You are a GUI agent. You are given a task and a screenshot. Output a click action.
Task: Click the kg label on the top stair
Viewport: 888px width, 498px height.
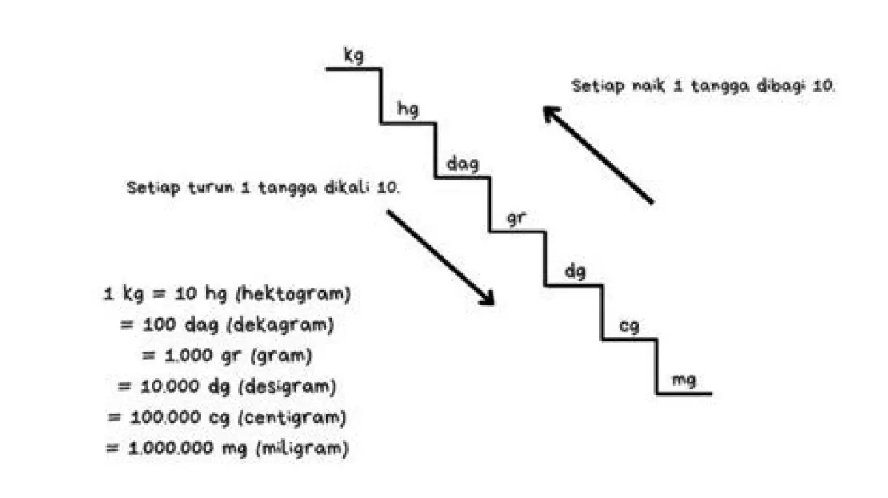point(354,56)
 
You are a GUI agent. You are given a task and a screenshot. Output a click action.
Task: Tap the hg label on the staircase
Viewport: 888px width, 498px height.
point(408,110)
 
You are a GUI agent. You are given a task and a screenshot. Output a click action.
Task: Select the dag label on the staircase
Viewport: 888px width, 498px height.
point(462,163)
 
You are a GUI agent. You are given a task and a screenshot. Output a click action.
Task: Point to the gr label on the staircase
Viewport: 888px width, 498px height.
point(516,219)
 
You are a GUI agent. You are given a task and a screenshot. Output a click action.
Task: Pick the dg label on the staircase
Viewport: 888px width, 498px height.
point(575,272)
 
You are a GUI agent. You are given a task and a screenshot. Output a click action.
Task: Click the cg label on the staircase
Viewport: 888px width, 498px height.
point(629,326)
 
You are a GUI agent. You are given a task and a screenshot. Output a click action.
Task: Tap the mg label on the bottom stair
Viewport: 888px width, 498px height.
point(683,381)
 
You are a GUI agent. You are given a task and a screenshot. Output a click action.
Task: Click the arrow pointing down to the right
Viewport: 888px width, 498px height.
point(440,256)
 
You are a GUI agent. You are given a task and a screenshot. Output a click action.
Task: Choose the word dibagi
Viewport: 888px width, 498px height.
point(784,85)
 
